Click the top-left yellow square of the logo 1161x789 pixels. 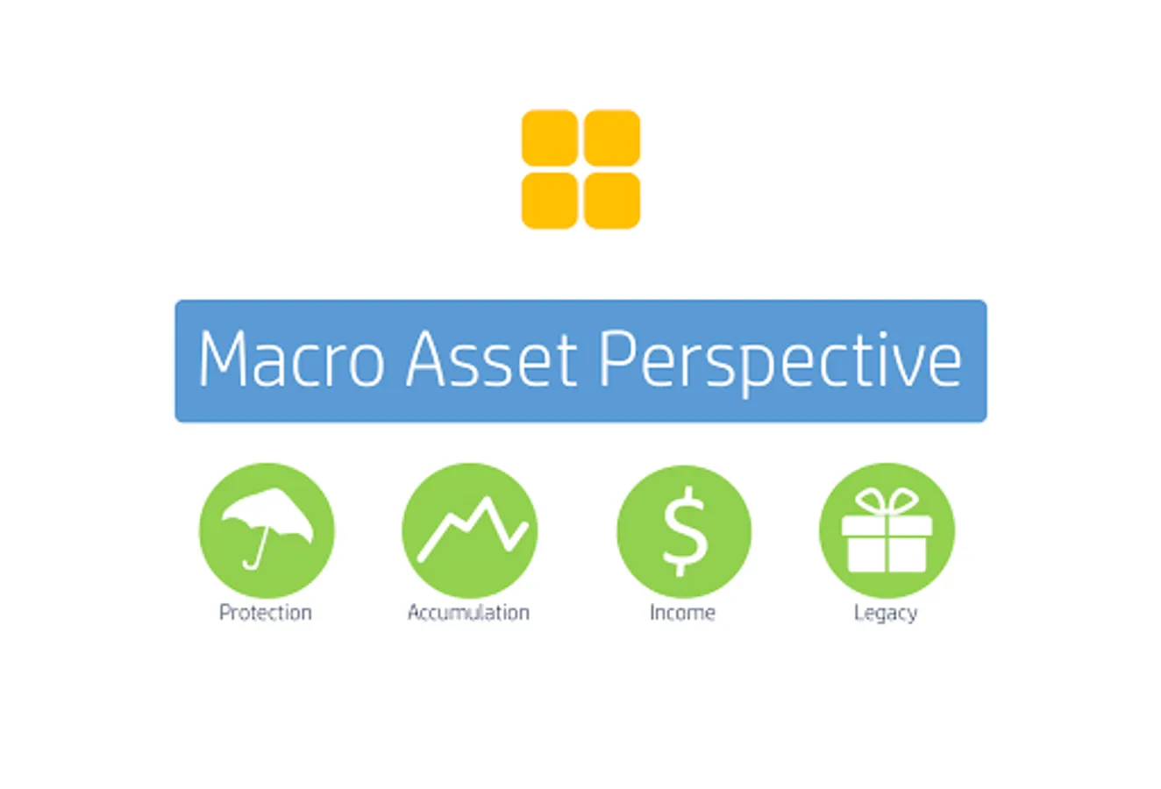click(x=550, y=138)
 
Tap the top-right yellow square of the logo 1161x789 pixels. click(x=611, y=138)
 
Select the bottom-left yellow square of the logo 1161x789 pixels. click(x=550, y=201)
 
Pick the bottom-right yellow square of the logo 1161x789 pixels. click(x=611, y=201)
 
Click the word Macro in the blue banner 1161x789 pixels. click(x=292, y=359)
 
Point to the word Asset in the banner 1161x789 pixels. click(x=491, y=359)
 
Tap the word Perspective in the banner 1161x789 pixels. click(x=780, y=363)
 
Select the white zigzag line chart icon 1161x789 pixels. click(x=473, y=530)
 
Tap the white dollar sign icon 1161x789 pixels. click(x=685, y=531)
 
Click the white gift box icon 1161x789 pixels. click(x=887, y=530)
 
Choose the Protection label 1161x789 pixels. click(x=266, y=612)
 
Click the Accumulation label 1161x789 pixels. click(x=468, y=612)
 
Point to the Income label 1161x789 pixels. click(x=682, y=612)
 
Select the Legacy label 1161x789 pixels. click(x=886, y=614)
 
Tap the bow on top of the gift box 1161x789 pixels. click(x=887, y=501)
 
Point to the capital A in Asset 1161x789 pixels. click(x=425, y=359)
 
